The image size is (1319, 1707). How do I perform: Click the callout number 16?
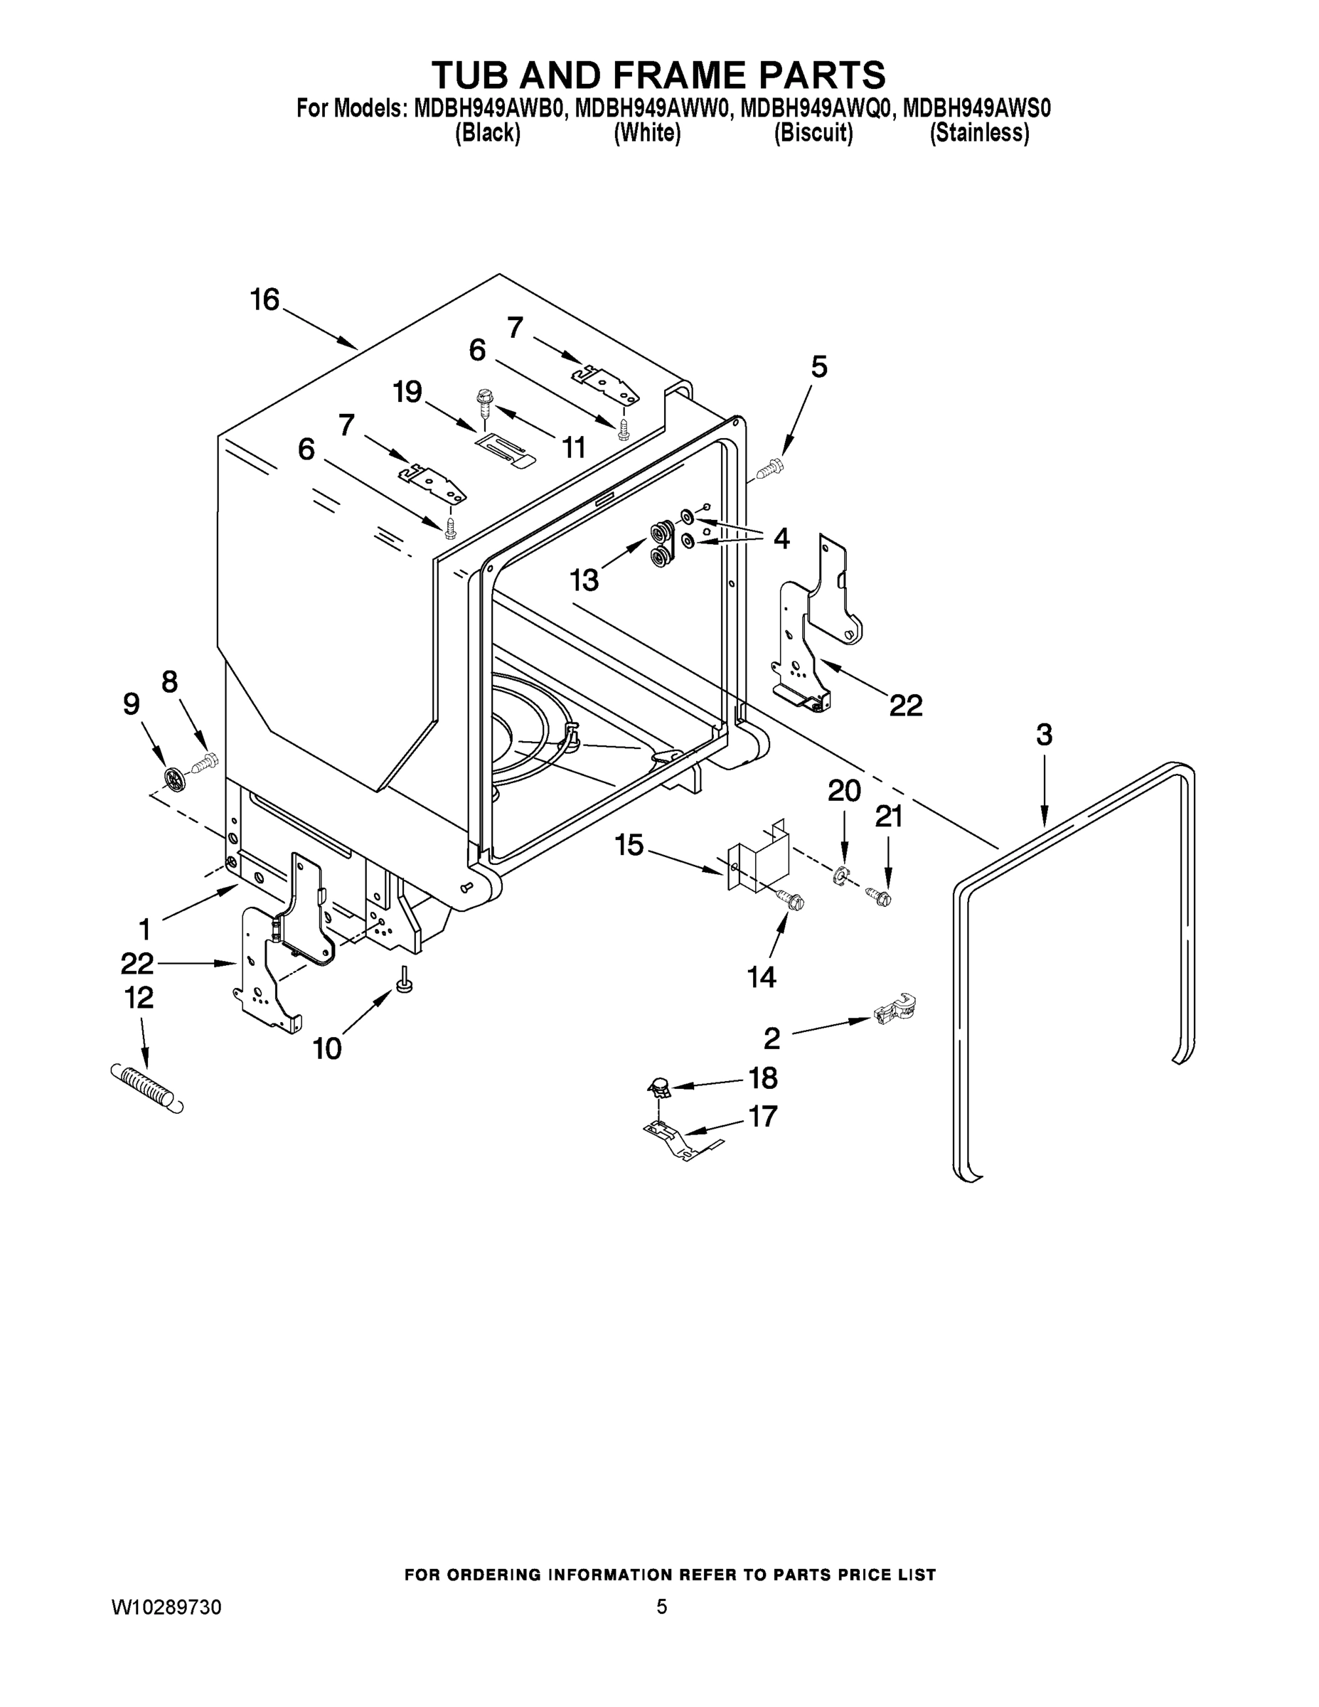265,300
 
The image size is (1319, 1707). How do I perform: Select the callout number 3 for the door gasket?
1044,735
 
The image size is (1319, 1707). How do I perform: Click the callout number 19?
408,392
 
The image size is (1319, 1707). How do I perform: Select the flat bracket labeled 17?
677,1140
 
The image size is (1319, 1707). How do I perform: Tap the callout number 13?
584,580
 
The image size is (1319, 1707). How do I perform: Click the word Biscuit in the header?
813,134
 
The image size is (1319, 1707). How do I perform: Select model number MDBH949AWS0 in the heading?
977,109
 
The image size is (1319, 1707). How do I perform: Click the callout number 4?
781,538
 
